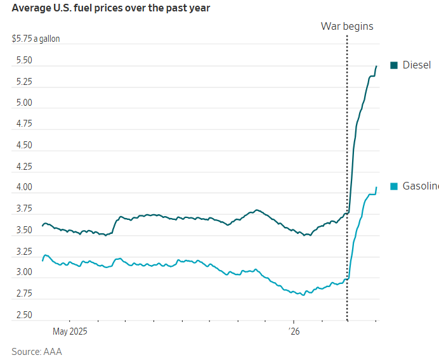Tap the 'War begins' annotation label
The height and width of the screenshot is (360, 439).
[x=346, y=26]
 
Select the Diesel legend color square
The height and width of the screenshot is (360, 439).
[x=394, y=65]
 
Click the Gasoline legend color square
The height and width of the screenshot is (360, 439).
[x=394, y=186]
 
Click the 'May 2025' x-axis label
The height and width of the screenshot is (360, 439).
[x=69, y=331]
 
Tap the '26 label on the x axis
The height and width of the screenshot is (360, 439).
[x=294, y=331]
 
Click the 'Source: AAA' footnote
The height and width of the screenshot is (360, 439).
[x=37, y=351]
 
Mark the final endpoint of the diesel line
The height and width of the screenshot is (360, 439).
[x=376, y=66]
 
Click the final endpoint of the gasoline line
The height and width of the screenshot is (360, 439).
[x=376, y=187]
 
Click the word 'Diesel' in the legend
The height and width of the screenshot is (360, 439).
[x=417, y=65]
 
